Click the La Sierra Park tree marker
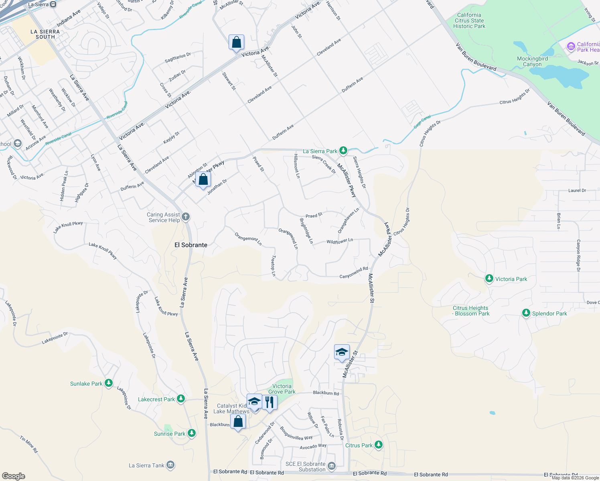tap(343, 151)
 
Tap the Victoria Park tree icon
tap(489, 279)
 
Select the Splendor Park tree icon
tap(526, 313)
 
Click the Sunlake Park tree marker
tap(108, 383)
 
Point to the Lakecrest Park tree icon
tap(181, 399)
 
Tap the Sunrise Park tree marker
tap(192, 433)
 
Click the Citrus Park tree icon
tap(378, 445)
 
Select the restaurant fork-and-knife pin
tap(270, 402)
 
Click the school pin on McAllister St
tap(342, 352)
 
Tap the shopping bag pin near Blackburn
tap(238, 422)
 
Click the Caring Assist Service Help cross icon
tap(185, 217)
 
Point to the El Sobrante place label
tap(191, 245)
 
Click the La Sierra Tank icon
tap(170, 465)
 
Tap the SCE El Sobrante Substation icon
tap(331, 466)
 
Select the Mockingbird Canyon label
tap(532, 61)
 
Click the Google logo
tap(13, 476)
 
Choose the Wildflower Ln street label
tap(339, 241)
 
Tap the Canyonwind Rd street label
tap(353, 273)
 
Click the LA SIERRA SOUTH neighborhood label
tap(45, 34)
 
